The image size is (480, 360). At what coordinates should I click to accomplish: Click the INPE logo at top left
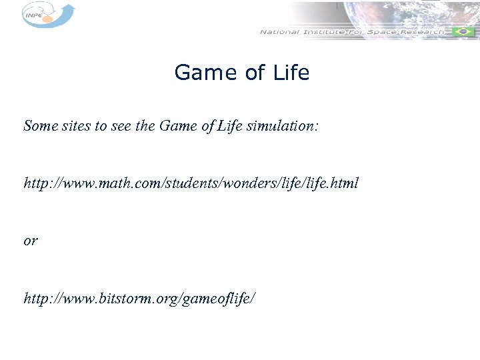click(47, 15)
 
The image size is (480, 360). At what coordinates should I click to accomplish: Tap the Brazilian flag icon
click(461, 32)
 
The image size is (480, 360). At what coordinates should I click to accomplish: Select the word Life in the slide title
click(291, 73)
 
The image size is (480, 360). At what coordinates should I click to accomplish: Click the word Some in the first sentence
click(39, 125)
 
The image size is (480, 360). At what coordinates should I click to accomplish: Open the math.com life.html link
click(191, 183)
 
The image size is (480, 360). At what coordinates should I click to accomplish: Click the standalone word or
click(31, 241)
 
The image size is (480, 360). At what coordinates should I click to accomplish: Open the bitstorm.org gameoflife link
click(139, 298)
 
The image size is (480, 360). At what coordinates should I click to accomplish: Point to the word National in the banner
click(279, 32)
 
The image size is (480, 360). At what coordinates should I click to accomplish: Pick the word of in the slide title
click(255, 73)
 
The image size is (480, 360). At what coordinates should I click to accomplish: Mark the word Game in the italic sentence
click(179, 125)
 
